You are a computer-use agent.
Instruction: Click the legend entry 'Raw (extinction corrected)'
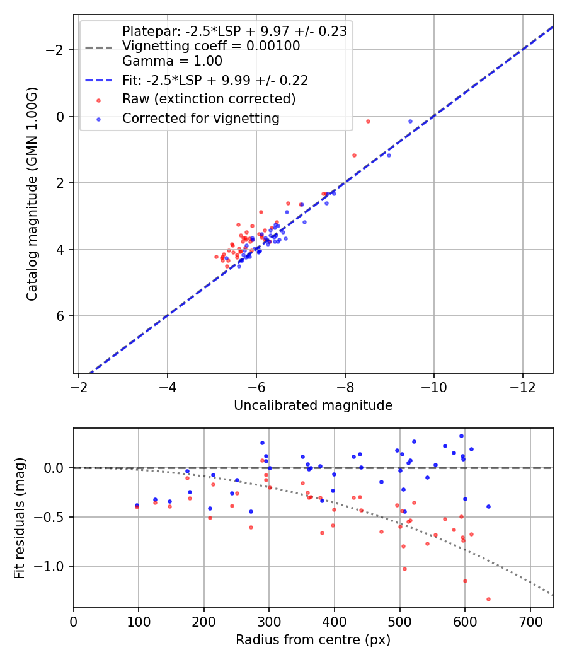[209, 99]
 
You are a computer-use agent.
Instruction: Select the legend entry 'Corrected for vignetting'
[200, 118]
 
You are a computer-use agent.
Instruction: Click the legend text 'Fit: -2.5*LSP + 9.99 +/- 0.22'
[215, 80]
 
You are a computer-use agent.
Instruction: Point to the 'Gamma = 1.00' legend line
[172, 61]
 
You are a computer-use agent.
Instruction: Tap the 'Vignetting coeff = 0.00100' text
[211, 46]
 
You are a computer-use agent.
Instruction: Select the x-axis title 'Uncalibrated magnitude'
[313, 405]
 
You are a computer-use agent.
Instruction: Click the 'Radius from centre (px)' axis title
[313, 640]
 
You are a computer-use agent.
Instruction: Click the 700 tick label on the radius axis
[530, 620]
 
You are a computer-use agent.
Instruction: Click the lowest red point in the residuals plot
[488, 599]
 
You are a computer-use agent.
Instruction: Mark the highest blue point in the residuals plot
[461, 436]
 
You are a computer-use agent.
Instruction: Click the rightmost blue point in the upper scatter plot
[410, 121]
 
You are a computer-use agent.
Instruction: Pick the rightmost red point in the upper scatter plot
[368, 121]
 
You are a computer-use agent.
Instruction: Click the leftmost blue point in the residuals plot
[137, 505]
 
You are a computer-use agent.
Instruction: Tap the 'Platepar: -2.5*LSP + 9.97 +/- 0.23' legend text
[234, 32]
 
